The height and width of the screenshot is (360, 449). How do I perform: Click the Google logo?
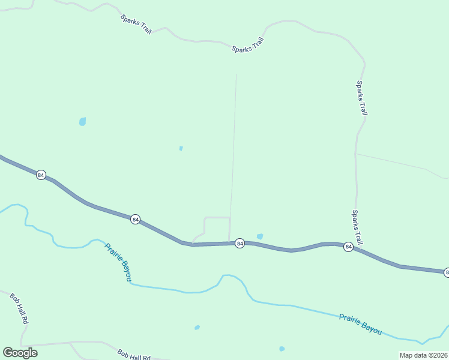[x=20, y=352]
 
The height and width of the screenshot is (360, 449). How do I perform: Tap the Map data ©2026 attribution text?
[x=424, y=355]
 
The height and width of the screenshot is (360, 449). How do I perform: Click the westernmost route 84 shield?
[x=41, y=175]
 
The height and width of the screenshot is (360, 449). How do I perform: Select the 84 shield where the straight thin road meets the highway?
[x=240, y=243]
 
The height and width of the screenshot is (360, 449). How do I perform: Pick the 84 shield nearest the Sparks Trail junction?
[x=348, y=247]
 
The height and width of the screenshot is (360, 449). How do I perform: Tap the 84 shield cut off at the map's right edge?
[x=447, y=272]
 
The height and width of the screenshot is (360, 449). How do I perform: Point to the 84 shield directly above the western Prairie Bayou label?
[x=135, y=220]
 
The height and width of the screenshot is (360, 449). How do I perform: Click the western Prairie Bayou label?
[x=118, y=261]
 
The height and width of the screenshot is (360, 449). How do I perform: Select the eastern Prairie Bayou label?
[x=360, y=324]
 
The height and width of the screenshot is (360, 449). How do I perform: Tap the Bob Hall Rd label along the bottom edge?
[x=133, y=355]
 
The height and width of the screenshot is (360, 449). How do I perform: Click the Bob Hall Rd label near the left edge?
[x=19, y=308]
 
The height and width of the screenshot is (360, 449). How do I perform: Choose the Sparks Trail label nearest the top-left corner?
[x=136, y=25]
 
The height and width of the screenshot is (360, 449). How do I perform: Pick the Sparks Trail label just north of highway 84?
[x=357, y=227]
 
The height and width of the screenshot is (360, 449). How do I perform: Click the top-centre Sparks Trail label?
[x=248, y=45]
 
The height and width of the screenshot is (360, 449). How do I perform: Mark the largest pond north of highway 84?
[x=82, y=121]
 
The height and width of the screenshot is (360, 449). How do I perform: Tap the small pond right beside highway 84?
[x=259, y=236]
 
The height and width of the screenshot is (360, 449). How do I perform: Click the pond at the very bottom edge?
[x=282, y=349]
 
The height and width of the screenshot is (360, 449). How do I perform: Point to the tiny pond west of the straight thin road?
[x=181, y=148]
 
